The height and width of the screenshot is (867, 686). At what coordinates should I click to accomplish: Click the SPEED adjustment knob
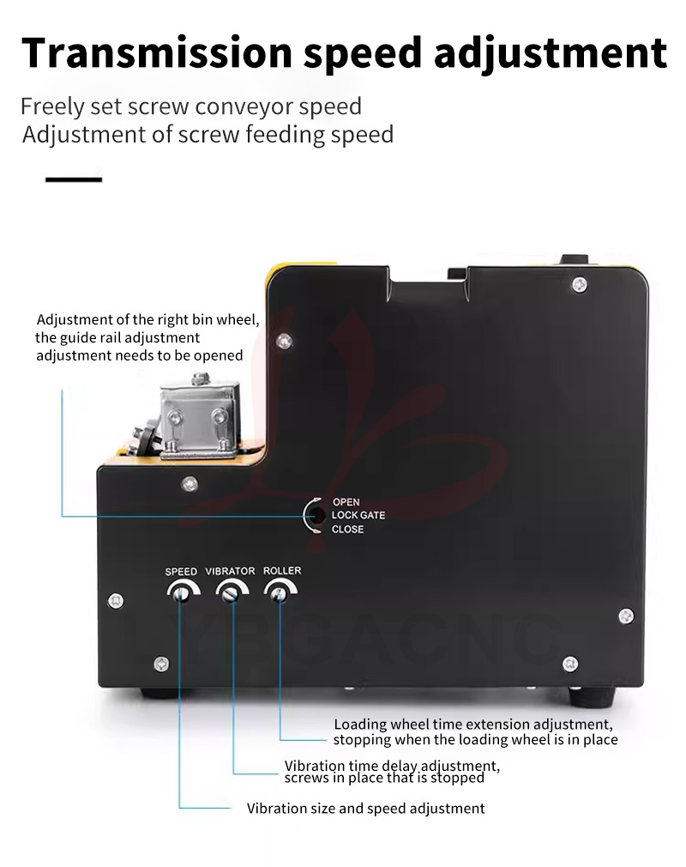(x=181, y=594)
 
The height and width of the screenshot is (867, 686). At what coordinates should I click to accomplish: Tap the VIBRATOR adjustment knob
(x=231, y=594)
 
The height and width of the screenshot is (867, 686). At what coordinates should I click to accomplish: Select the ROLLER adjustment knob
(x=280, y=594)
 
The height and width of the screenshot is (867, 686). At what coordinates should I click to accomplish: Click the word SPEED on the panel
(x=181, y=571)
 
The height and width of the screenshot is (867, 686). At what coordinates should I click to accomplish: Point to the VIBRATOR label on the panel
(x=230, y=571)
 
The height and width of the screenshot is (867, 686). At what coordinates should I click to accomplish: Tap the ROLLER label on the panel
(x=282, y=570)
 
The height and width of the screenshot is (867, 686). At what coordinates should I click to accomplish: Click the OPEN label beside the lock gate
(x=346, y=502)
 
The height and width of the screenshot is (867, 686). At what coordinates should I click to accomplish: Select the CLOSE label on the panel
(x=347, y=529)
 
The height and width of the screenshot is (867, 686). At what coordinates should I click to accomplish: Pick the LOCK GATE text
(x=358, y=515)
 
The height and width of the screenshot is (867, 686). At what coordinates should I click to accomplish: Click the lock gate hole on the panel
(x=317, y=515)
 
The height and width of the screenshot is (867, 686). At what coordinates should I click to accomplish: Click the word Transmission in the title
(x=156, y=53)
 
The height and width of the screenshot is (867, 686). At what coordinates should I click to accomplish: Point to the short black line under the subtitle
(x=74, y=179)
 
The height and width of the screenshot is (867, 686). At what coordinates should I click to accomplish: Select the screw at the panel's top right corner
(x=579, y=285)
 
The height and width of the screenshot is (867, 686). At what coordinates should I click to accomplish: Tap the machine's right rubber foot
(x=592, y=697)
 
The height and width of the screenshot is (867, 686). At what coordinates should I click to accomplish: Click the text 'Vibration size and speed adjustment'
(x=365, y=809)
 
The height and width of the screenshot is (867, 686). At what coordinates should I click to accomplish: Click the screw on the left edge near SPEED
(x=116, y=601)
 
